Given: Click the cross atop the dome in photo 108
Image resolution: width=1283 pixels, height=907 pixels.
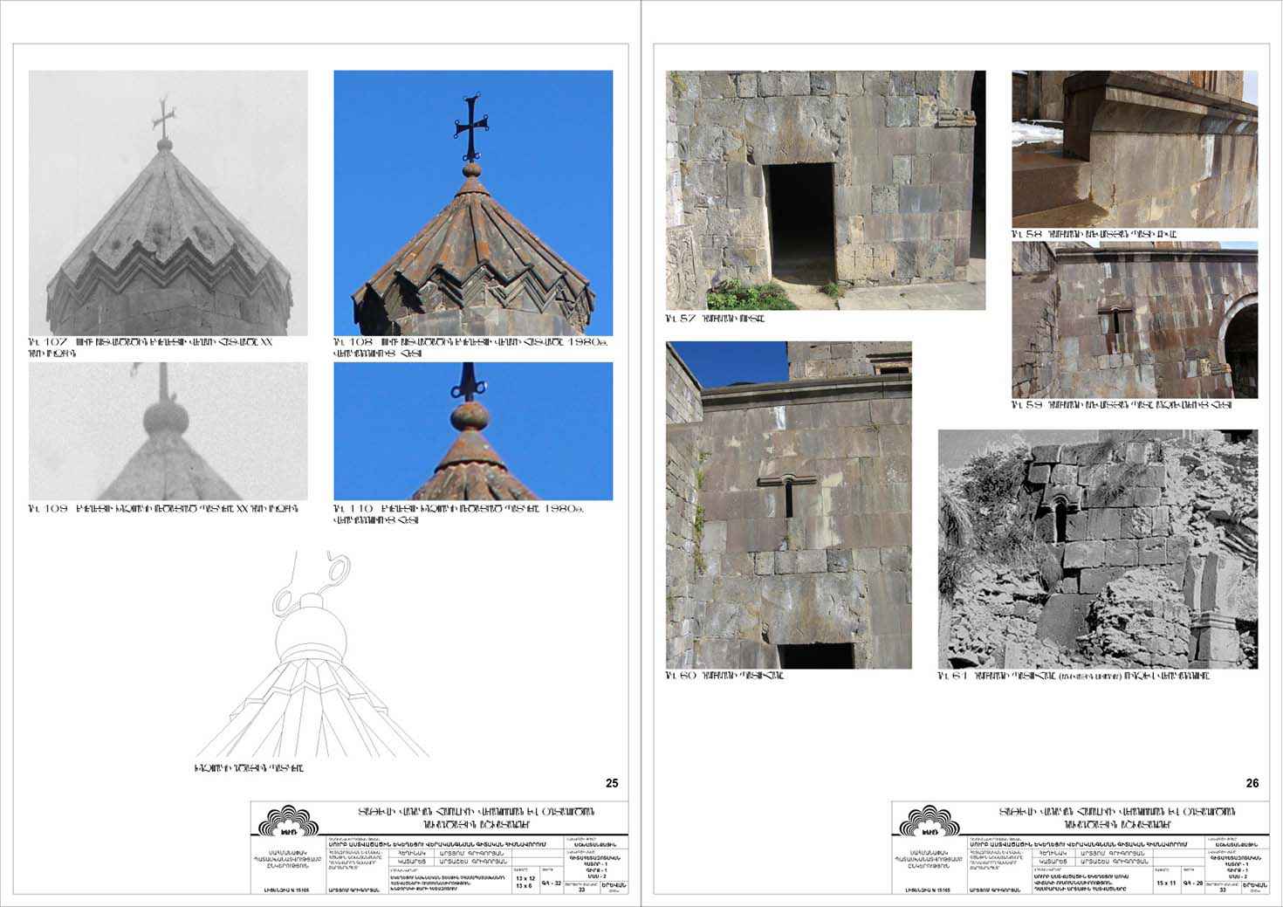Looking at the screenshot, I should click(x=468, y=127).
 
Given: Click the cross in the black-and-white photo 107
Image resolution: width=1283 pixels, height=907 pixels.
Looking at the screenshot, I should click(x=161, y=116).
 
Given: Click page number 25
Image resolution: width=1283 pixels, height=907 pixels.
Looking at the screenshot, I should click(x=612, y=783).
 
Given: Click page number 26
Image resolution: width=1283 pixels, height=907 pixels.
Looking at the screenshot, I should click(x=1252, y=783).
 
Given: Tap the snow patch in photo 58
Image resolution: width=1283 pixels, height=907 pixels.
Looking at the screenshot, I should click(x=1039, y=136).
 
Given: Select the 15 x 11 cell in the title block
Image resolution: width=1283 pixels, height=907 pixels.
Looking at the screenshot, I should click(x=1165, y=883).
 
